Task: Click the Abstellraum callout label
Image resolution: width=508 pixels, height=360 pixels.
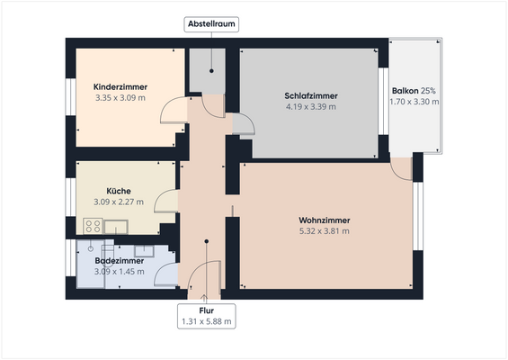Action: (x=211, y=24)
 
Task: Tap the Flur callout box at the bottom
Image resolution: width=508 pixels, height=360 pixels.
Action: (x=207, y=316)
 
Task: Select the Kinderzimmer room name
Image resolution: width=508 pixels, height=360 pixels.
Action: (x=120, y=86)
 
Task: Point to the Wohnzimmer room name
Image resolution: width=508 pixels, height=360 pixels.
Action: (x=324, y=220)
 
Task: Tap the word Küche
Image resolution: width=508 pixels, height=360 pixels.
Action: (x=119, y=191)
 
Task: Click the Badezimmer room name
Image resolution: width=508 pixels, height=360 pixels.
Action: (x=119, y=261)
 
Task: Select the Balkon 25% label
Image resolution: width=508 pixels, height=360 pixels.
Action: (x=414, y=91)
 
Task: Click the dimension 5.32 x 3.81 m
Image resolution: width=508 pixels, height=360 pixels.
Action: (x=324, y=231)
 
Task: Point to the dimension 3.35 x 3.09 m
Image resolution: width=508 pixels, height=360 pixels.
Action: (x=120, y=97)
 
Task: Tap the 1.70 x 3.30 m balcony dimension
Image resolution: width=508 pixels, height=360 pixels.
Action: (x=414, y=102)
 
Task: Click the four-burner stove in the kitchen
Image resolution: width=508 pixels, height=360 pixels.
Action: (x=93, y=226)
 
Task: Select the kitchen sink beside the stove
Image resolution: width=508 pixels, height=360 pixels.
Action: (x=115, y=226)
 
